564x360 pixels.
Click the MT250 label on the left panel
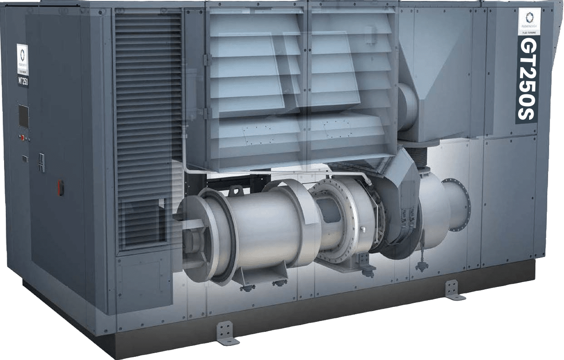click(24, 82)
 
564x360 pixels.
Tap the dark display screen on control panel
click(23, 116)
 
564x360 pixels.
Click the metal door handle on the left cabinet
click(42, 162)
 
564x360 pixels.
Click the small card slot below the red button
click(24, 158)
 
